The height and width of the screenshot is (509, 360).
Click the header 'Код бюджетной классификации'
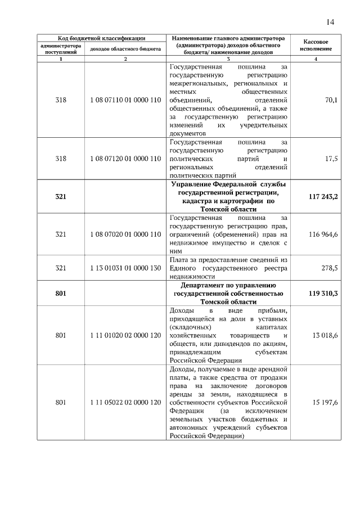coord(98,38)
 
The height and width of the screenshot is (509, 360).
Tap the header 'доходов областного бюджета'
coord(125,49)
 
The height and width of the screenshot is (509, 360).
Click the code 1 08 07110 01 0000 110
coord(125,100)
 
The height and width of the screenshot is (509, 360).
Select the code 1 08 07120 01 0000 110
coord(125,159)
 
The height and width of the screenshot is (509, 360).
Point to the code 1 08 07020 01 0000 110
coord(125,235)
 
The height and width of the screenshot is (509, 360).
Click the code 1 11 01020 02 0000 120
coord(125,335)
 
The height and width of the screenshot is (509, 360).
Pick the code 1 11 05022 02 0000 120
coord(125,403)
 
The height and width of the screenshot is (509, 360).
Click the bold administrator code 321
coord(61,197)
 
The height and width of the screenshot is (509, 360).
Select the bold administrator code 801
coord(61,294)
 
